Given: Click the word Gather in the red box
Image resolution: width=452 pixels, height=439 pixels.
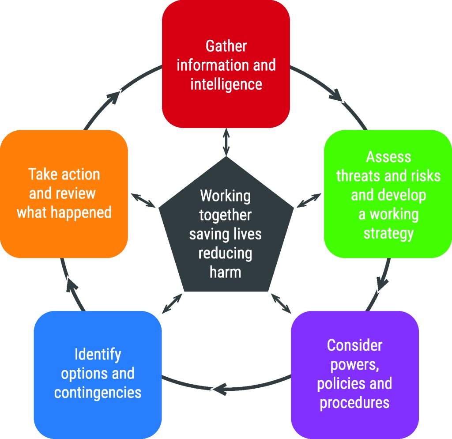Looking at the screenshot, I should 226,46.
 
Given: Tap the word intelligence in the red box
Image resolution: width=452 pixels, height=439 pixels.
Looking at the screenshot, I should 226,83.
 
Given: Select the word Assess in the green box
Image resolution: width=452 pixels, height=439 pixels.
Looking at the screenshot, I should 388,157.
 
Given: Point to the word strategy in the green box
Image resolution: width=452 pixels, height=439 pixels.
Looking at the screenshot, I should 388,233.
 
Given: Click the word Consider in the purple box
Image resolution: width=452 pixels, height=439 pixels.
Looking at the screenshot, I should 354,345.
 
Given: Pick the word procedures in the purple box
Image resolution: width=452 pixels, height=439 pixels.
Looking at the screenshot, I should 354,402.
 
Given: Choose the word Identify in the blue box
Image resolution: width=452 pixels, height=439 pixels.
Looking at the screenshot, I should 98,354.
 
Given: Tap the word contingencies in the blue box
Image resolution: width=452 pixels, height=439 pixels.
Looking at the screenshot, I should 98,392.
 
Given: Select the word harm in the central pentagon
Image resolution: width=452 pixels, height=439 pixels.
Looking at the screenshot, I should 226,272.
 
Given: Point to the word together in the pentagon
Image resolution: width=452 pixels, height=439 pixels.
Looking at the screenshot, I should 226,215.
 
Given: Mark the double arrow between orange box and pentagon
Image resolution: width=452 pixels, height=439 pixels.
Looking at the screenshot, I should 143,200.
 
